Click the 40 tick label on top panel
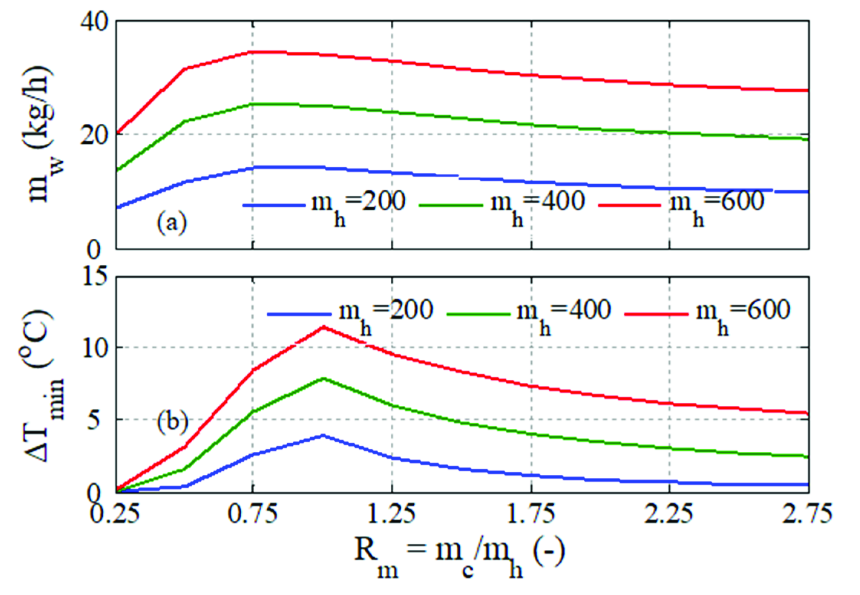click(93, 22)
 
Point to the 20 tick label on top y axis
click(93, 135)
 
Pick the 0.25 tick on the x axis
click(115, 514)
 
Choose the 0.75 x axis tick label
click(252, 514)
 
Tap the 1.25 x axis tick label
click(391, 514)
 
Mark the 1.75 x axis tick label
click(531, 514)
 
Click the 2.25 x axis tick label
click(669, 514)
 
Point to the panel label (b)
click(172, 422)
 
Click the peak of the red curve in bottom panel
click(324, 327)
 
